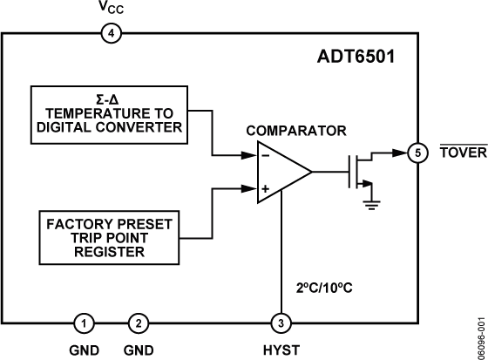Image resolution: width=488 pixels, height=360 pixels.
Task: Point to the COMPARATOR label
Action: [296, 131]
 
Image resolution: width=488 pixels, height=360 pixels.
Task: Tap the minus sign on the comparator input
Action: [265, 158]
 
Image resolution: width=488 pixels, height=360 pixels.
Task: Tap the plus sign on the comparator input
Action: [265, 188]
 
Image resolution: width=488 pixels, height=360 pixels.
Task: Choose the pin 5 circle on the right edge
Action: [417, 153]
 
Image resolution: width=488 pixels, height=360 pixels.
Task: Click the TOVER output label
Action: [457, 153]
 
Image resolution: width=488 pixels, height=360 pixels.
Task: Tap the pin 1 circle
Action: [83, 323]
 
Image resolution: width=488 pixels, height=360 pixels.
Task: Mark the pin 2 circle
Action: [139, 323]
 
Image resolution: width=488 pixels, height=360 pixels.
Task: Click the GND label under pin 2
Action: [139, 350]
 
